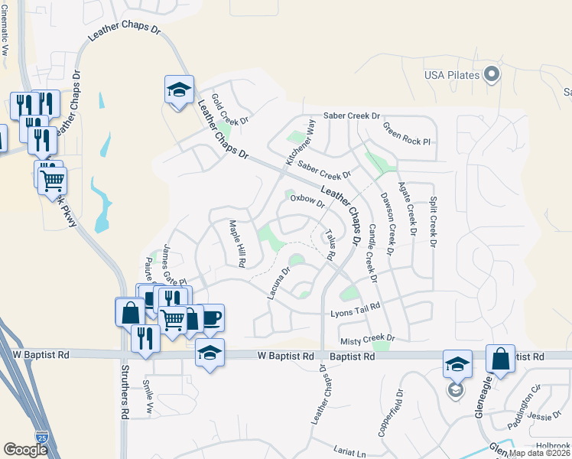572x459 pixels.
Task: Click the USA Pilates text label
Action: (x=452, y=74)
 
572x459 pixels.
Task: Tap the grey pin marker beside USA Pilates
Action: (x=492, y=74)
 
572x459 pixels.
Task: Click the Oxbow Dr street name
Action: (x=307, y=201)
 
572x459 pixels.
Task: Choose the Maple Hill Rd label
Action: (x=237, y=243)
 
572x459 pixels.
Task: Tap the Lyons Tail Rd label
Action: (x=355, y=314)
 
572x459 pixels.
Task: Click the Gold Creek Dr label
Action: (x=231, y=109)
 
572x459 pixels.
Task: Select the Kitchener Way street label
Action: (x=300, y=142)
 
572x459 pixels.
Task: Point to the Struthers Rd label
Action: (x=125, y=392)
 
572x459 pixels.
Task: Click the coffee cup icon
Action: (x=210, y=317)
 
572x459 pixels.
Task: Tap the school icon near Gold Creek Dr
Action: (x=179, y=90)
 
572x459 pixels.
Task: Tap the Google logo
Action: (x=24, y=450)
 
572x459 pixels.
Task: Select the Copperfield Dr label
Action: (x=398, y=420)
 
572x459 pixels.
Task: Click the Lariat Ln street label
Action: (x=351, y=452)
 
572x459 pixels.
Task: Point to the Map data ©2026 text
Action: (x=539, y=453)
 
